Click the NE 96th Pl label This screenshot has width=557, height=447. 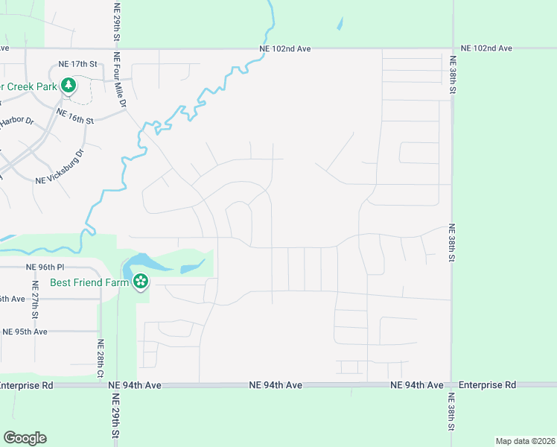click(x=45, y=266)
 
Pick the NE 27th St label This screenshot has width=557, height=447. click(x=35, y=295)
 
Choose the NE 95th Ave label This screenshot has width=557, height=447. click(x=25, y=332)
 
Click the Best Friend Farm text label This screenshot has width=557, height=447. click(x=89, y=282)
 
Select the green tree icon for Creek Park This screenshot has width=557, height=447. click(x=68, y=86)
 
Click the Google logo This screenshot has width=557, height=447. click(x=25, y=438)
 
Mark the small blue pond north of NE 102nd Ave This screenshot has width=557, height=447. click(x=340, y=23)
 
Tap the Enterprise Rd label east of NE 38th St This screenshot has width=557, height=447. click(x=487, y=385)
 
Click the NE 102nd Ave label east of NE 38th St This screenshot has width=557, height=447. click(x=486, y=48)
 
